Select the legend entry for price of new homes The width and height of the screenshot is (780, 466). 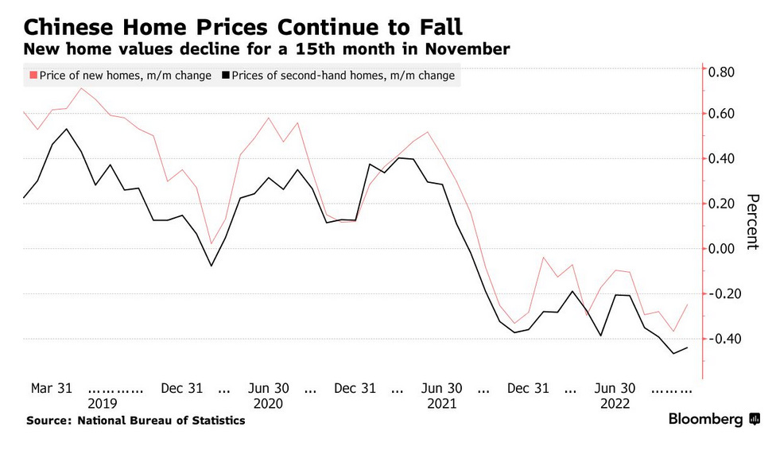point(120,76)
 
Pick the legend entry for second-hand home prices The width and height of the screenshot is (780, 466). point(339,76)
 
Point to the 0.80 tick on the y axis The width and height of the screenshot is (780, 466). point(726,72)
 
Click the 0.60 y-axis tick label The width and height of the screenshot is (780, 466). point(726,114)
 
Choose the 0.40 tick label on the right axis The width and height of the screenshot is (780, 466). point(726,159)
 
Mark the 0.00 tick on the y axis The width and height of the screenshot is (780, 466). point(726,249)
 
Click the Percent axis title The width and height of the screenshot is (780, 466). point(751,222)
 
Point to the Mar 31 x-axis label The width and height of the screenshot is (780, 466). point(52,388)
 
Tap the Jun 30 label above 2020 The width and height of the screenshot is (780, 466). point(269,388)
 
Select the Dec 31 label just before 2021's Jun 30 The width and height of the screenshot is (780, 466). point(355,388)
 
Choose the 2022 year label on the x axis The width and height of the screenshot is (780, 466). point(615,403)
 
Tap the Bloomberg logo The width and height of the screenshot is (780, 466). point(713,418)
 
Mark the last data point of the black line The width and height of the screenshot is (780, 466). point(688,347)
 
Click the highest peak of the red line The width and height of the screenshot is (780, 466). point(81,88)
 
